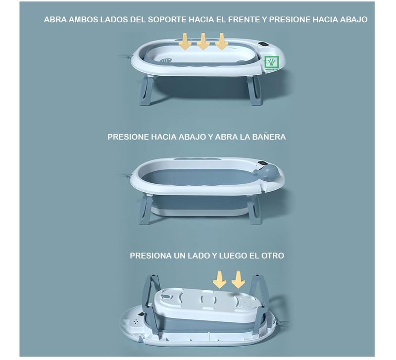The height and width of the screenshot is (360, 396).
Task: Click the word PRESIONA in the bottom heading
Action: click(151, 256)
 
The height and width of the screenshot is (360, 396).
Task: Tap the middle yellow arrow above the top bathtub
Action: click(203, 42)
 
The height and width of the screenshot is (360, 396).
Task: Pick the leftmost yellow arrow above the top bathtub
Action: click(185, 42)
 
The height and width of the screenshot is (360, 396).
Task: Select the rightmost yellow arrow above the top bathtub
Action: click(222, 42)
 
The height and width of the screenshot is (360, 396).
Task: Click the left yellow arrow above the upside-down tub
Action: click(219, 279)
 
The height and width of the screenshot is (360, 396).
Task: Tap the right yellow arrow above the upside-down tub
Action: click(238, 279)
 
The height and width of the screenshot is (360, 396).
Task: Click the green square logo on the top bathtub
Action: click(271, 62)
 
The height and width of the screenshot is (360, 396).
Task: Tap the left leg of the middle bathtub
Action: click(145, 208)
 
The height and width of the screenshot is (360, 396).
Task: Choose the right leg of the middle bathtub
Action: click(254, 209)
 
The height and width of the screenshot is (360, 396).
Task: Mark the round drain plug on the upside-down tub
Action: click(166, 295)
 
